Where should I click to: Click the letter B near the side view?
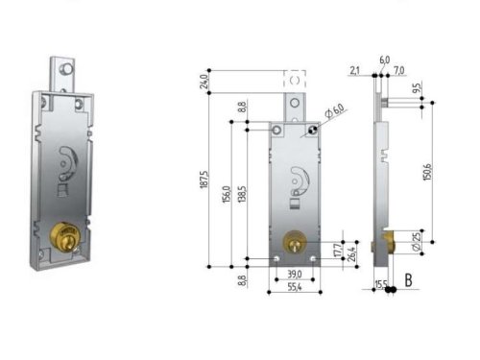pyautogui.click(x=407, y=281)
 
